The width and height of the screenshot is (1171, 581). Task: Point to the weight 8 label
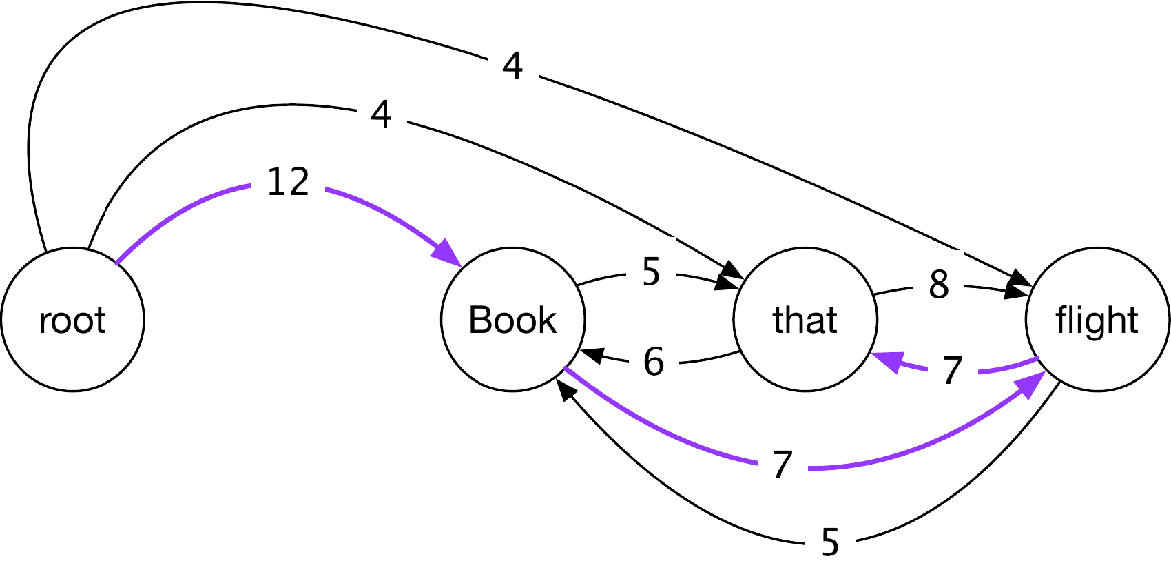coord(938,283)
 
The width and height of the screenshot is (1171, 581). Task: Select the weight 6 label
coord(654,360)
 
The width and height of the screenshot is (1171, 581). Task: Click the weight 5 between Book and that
coord(651,274)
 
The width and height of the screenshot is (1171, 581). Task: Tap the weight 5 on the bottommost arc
coord(831,542)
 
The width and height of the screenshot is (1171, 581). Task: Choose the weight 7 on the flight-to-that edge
coord(952,371)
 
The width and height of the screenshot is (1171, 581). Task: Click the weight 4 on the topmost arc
coord(513,64)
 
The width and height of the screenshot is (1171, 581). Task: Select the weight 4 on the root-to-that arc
coord(381,112)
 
